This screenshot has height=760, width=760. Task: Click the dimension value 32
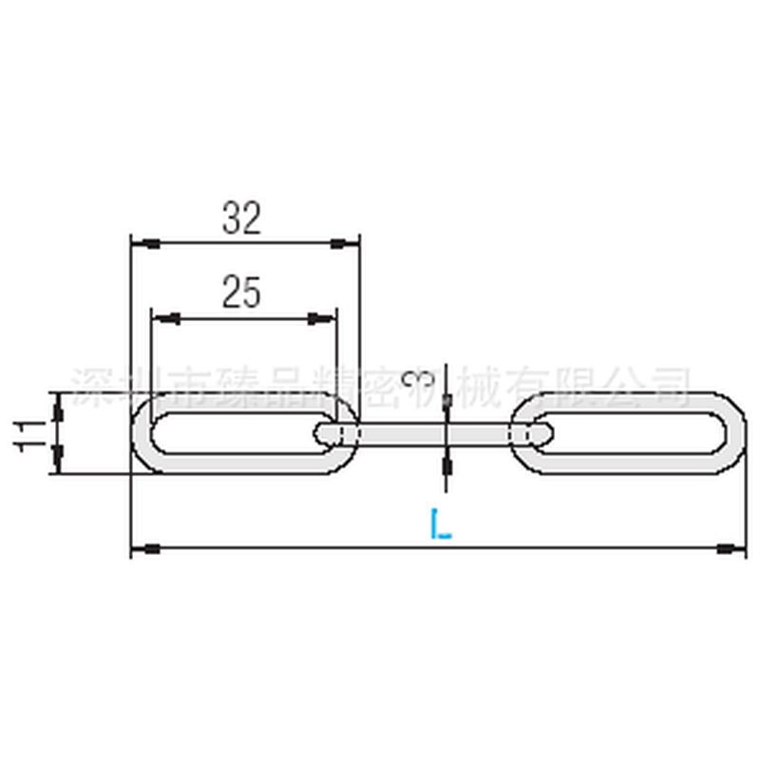[242, 219]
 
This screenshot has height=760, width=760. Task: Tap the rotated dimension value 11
[30, 432]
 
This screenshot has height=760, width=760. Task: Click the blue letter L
[440, 523]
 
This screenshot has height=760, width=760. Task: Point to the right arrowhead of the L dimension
[731, 548]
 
